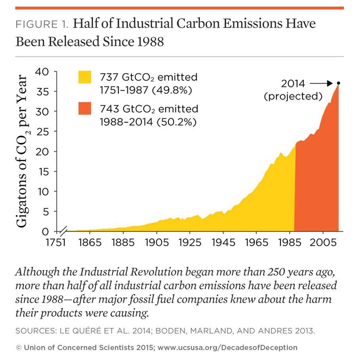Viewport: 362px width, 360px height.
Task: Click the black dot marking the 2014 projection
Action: (338, 83)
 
